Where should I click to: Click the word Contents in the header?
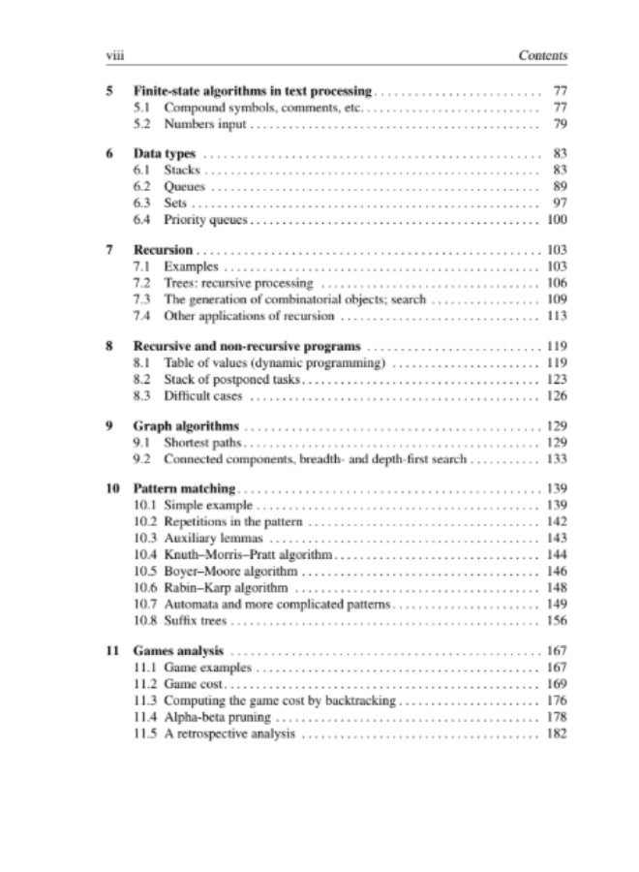pyautogui.click(x=543, y=55)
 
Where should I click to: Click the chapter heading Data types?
pyautogui.click(x=165, y=154)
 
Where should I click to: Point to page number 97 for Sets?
pyautogui.click(x=558, y=203)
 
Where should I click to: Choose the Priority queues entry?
pyautogui.click(x=207, y=221)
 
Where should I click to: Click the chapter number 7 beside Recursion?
pyautogui.click(x=110, y=250)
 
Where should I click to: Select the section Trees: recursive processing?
pyautogui.click(x=238, y=283)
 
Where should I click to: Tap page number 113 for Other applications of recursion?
pyautogui.click(x=556, y=316)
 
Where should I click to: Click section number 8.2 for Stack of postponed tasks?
pyautogui.click(x=141, y=379)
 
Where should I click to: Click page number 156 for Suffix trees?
pyautogui.click(x=556, y=619)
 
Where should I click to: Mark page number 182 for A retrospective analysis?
pyautogui.click(x=556, y=733)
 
